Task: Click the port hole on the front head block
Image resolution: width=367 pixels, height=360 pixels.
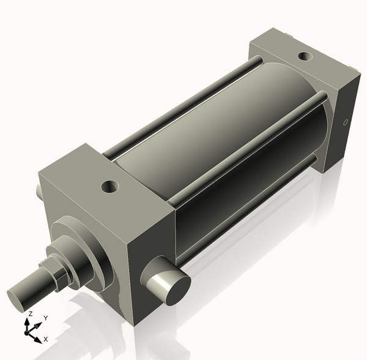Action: [111, 184]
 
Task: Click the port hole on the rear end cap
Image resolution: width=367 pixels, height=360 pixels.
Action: [304, 58]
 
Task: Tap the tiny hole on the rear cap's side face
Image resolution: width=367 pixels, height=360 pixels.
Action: [346, 122]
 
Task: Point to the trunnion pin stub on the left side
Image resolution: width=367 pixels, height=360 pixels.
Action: [39, 192]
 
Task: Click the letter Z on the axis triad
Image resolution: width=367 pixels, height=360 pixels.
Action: [28, 313]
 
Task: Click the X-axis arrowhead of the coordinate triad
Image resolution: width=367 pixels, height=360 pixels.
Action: [38, 338]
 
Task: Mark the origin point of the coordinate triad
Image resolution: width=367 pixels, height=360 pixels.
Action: [28, 332]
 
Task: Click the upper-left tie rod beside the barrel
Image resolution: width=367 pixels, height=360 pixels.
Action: [183, 107]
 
